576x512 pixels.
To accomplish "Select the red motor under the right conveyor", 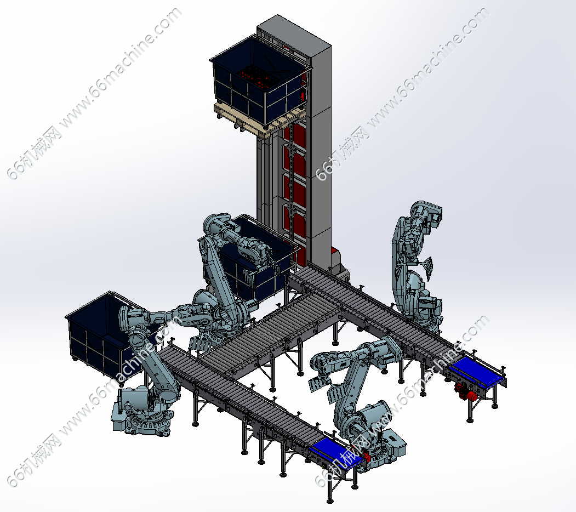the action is click(465, 391).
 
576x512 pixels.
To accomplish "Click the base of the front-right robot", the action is click(382, 448).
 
